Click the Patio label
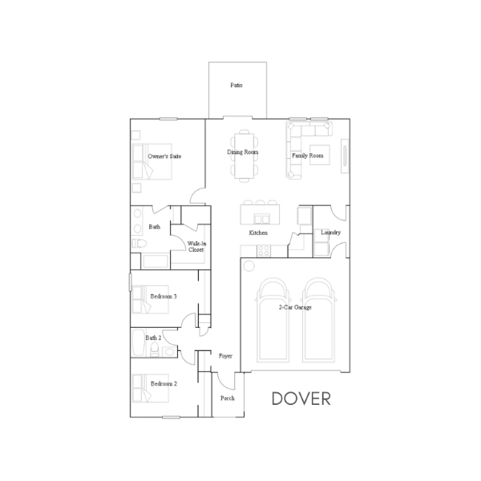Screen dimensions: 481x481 click(x=236, y=85)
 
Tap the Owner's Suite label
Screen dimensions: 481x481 click(x=164, y=156)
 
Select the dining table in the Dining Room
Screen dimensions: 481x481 click(x=245, y=156)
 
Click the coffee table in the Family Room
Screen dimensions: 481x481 click(x=320, y=155)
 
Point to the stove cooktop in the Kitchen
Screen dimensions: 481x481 click(x=264, y=250)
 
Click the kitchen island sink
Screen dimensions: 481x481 click(x=261, y=219)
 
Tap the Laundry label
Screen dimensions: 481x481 click(x=330, y=232)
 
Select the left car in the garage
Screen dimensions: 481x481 click(x=273, y=320)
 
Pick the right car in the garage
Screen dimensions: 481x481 click(x=319, y=320)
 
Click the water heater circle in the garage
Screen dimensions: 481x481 click(x=249, y=266)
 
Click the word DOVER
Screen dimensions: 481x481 click(x=301, y=398)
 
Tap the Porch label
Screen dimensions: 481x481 click(x=228, y=398)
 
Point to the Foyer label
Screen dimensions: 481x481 click(x=225, y=356)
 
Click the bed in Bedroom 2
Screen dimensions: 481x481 click(x=151, y=388)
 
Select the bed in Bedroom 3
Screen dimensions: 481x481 click(x=151, y=299)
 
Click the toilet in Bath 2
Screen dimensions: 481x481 click(x=155, y=350)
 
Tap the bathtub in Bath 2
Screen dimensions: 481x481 click(x=139, y=342)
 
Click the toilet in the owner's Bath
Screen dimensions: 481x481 click(x=139, y=243)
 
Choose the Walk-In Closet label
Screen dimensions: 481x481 click(x=196, y=247)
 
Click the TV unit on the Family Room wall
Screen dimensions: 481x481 click(x=345, y=156)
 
